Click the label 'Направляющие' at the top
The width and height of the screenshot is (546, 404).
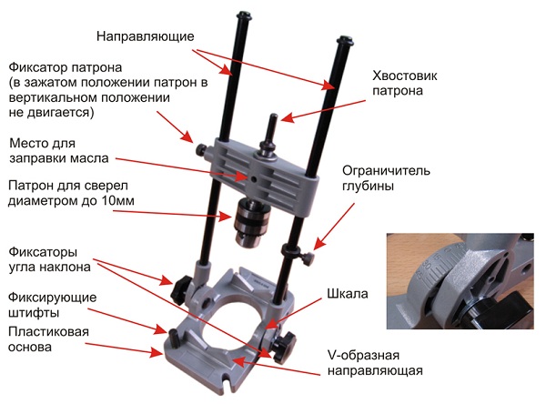pyautogui.click(x=146, y=36)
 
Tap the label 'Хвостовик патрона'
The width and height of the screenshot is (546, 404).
pyautogui.click(x=405, y=83)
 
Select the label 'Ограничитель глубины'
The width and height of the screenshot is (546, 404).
pyautogui.click(x=386, y=178)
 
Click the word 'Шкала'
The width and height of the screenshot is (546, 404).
pyautogui.click(x=348, y=294)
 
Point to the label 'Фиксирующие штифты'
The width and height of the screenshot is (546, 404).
pyautogui.click(x=52, y=305)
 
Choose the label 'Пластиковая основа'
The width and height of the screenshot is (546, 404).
pyautogui.click(x=48, y=339)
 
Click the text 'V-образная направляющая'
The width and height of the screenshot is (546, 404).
pyautogui.click(x=375, y=363)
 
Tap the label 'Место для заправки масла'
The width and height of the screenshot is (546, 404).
pyautogui.click(x=59, y=151)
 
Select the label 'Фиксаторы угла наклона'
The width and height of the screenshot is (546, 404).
pyautogui.click(x=49, y=260)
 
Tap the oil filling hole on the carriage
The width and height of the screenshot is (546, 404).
pyautogui.click(x=254, y=179)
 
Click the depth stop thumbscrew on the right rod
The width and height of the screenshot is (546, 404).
pyautogui.click(x=308, y=258)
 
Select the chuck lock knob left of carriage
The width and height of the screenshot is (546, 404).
pyautogui.click(x=202, y=150)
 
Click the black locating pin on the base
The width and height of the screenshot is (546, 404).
pyautogui.click(x=174, y=338)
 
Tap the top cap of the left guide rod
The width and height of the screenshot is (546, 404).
pyautogui.click(x=245, y=16)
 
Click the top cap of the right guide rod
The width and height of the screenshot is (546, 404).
pyautogui.click(x=345, y=40)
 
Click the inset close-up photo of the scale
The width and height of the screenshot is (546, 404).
pyautogui.click(x=460, y=281)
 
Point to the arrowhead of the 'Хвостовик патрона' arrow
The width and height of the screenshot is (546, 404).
pyautogui.click(x=285, y=119)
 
